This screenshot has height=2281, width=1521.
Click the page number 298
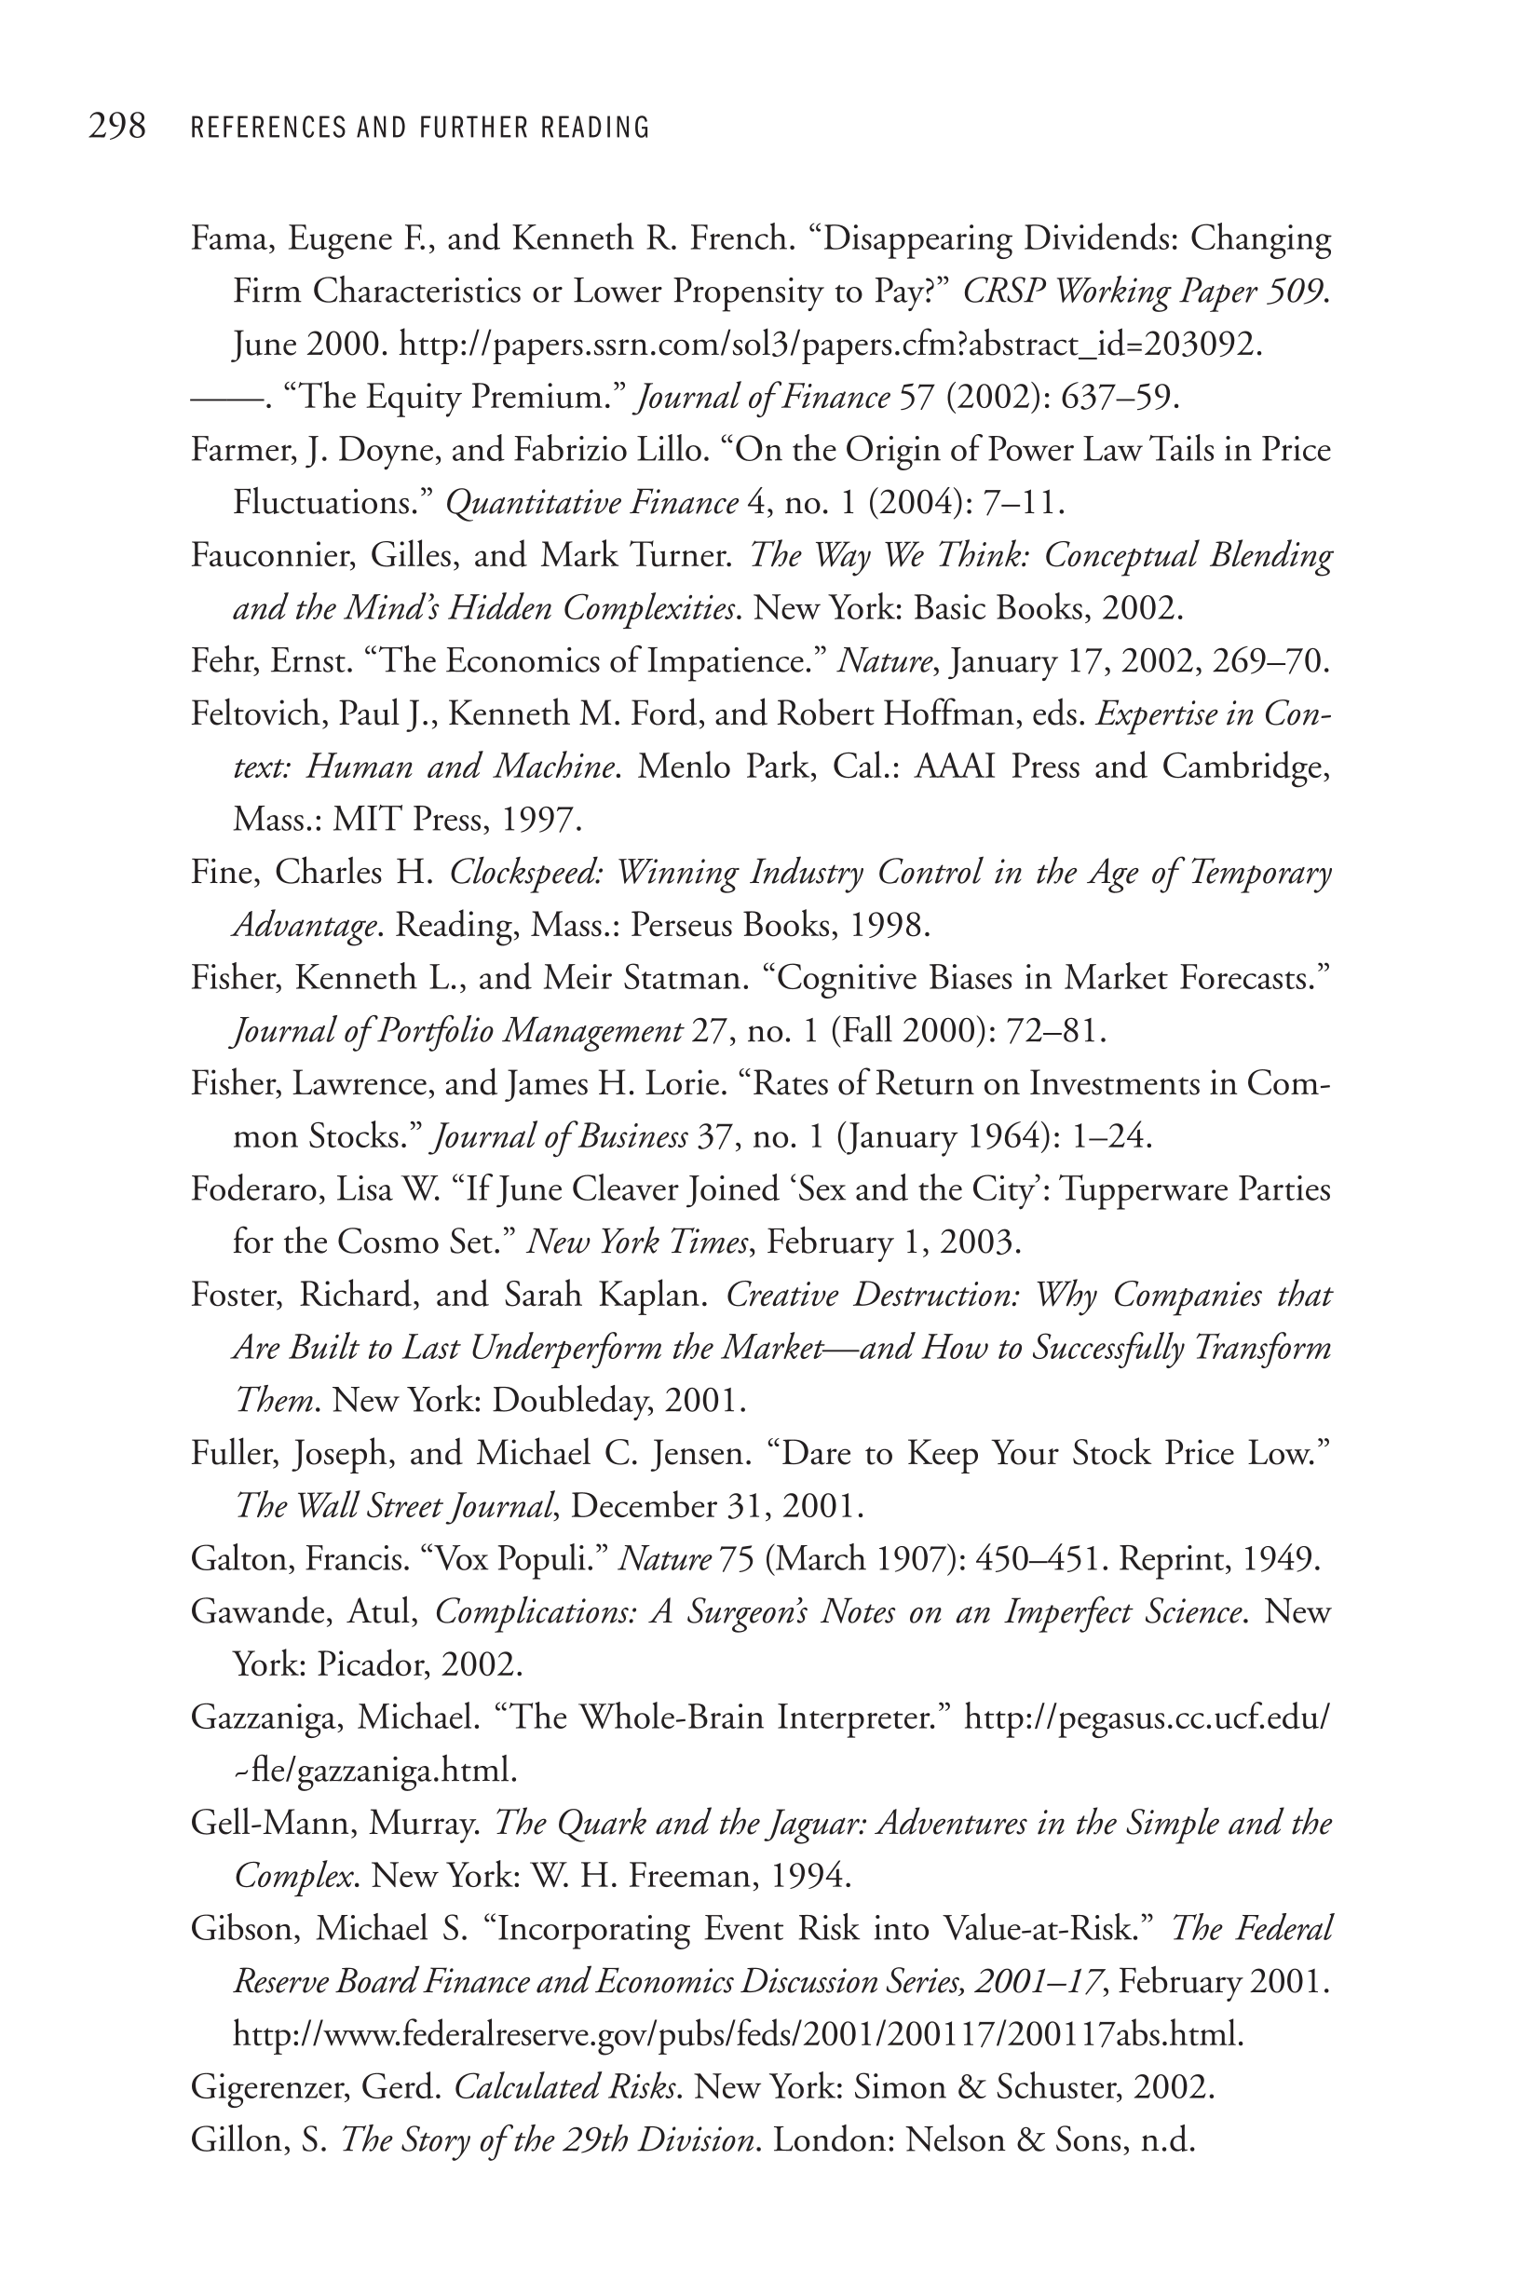pos(117,126)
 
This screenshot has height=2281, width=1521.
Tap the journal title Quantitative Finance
pos(591,503)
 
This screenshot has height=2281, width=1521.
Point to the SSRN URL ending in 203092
pos(830,345)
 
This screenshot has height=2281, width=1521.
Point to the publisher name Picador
pos(372,1664)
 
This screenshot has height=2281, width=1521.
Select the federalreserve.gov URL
pos(738,2033)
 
